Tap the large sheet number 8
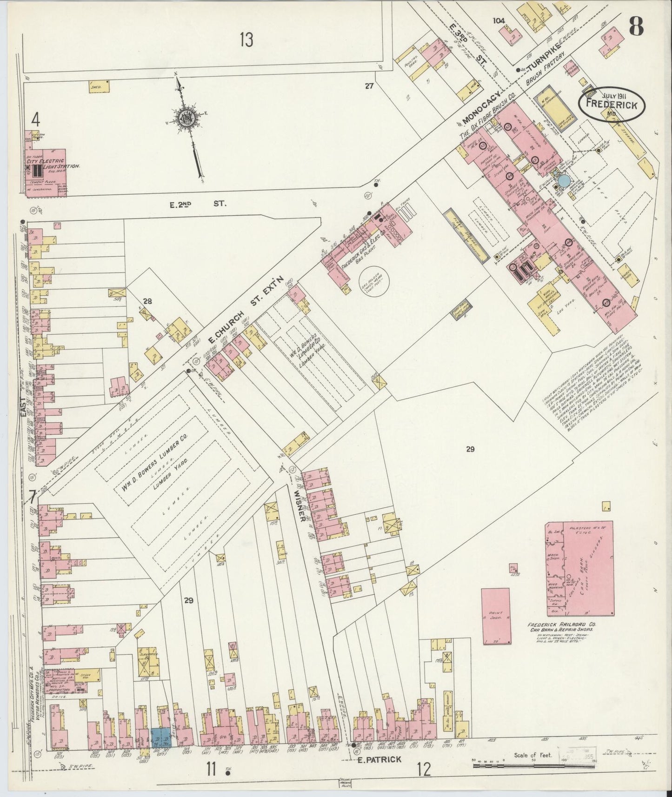pyautogui.click(x=636, y=27)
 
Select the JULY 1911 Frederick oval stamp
pyautogui.click(x=611, y=105)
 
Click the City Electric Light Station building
pyautogui.click(x=46, y=169)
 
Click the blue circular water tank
pyautogui.click(x=564, y=180)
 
